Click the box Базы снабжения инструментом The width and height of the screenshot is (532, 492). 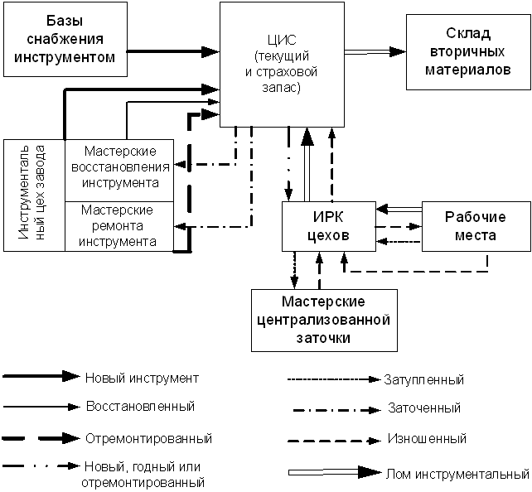click(65, 39)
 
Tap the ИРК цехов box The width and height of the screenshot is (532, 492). click(328, 225)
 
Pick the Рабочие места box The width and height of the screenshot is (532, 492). click(475, 225)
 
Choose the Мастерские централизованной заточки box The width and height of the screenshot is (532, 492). click(322, 321)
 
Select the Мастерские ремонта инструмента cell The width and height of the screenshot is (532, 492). click(119, 226)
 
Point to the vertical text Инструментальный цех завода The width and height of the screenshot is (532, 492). click(34, 195)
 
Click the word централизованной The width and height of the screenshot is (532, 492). click(322, 321)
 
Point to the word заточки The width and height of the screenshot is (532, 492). click(322, 338)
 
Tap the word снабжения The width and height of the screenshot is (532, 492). click(65, 39)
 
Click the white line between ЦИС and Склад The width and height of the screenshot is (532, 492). click(366, 52)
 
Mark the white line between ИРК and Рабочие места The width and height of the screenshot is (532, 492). click(404, 209)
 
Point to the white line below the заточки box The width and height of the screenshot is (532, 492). click(323, 473)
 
